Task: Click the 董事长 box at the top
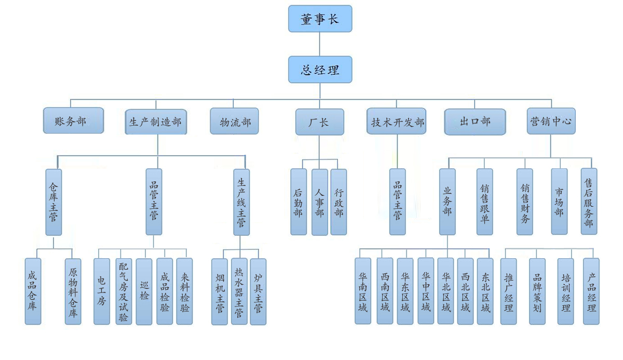pyautogui.click(x=320, y=19)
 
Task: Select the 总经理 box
pyautogui.click(x=320, y=69)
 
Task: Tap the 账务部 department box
pyautogui.click(x=73, y=121)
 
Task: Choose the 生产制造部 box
pyautogui.click(x=155, y=123)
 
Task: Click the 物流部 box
pyautogui.click(x=234, y=122)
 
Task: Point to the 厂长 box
pyautogui.click(x=319, y=123)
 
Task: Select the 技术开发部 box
pyautogui.click(x=397, y=123)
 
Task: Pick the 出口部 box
pyautogui.click(x=475, y=122)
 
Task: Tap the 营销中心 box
pyautogui.click(x=551, y=122)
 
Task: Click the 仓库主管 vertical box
pyautogui.click(x=53, y=202)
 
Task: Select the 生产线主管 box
pyautogui.click(x=241, y=202)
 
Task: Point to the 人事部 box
pyautogui.click(x=319, y=202)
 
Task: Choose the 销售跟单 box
pyautogui.click(x=484, y=202)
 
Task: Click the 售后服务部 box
pyautogui.click(x=589, y=202)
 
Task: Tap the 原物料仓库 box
pyautogui.click(x=73, y=291)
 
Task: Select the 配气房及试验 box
pyautogui.click(x=123, y=291)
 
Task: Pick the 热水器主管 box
pyautogui.click(x=239, y=291)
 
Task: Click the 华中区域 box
pyautogui.click(x=426, y=291)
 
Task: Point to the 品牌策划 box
pyautogui.click(x=537, y=291)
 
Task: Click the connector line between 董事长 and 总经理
pyautogui.click(x=320, y=44)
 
